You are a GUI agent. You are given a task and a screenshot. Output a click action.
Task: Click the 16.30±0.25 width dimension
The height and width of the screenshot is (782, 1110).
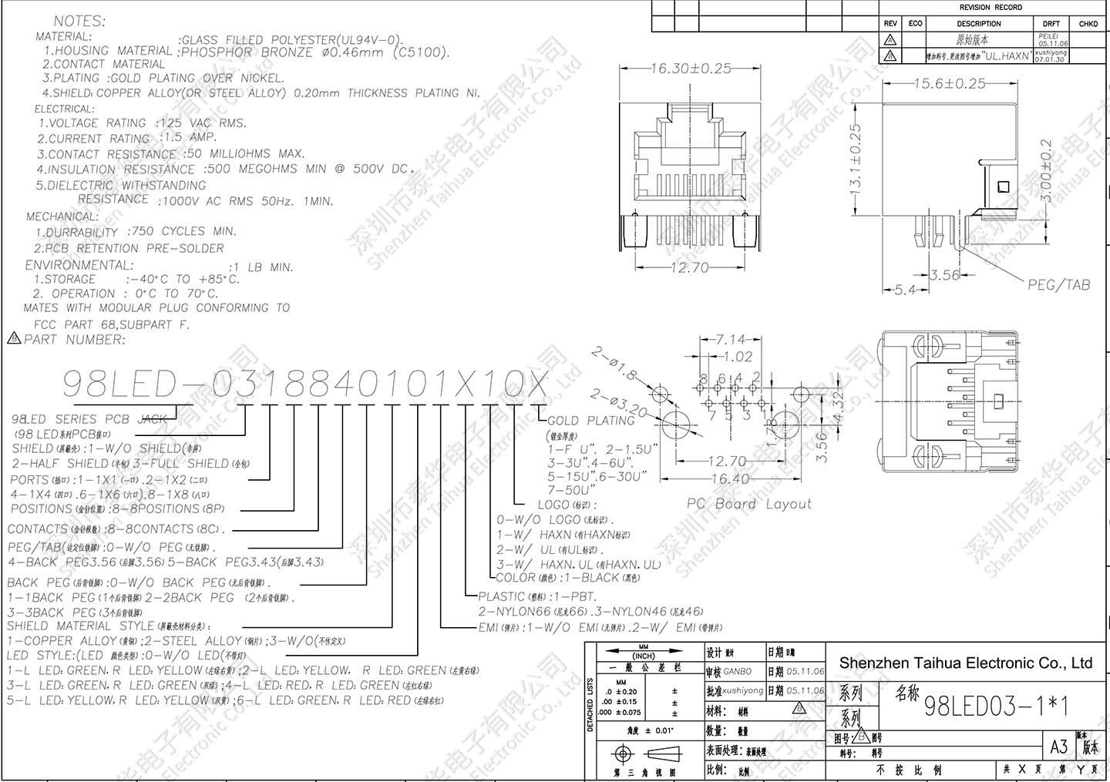click(x=690, y=69)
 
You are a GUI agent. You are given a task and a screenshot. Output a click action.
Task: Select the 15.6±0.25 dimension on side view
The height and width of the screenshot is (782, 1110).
click(x=949, y=83)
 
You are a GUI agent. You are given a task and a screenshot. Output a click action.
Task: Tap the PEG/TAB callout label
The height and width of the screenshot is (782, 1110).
click(x=1058, y=285)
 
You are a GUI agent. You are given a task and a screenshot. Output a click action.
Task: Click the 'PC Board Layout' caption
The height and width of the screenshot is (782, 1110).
click(x=749, y=504)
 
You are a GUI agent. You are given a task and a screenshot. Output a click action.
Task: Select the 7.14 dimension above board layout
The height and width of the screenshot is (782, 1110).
click(x=730, y=340)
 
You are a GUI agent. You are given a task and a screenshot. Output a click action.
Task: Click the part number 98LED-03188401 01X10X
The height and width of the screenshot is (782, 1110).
click(x=305, y=384)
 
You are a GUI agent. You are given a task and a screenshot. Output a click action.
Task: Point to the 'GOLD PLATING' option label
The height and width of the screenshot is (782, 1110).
click(x=590, y=421)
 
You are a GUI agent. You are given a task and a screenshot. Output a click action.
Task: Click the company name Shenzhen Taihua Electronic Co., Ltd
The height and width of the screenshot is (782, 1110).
click(x=965, y=663)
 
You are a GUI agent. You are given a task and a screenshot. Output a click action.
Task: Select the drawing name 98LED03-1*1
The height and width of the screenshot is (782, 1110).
click(x=996, y=706)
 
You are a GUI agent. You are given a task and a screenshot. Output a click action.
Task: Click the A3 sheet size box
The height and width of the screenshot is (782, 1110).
click(x=1058, y=746)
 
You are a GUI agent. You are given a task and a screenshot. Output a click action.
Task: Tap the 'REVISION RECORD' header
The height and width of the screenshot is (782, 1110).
click(x=991, y=8)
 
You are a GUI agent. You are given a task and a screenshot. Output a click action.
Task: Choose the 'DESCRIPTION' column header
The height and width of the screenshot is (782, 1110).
click(x=979, y=24)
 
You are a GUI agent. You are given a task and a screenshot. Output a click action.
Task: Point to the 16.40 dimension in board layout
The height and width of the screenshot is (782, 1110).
click(x=730, y=478)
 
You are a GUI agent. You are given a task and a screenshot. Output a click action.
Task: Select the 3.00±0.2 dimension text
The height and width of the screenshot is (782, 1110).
click(x=1046, y=171)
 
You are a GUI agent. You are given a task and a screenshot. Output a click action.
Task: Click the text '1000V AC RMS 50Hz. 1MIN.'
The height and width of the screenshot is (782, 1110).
click(x=245, y=201)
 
